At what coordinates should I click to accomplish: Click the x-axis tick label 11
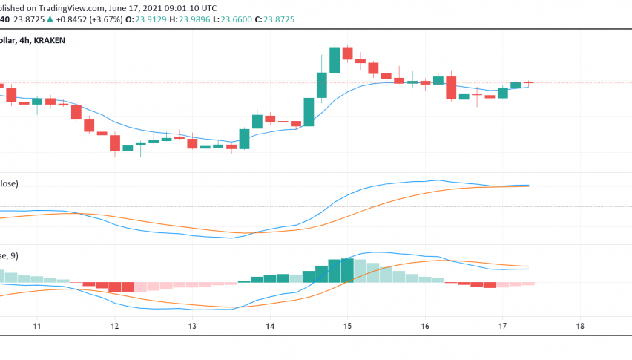click(36, 326)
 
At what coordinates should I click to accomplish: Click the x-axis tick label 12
click(114, 326)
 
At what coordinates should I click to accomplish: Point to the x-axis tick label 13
click(192, 326)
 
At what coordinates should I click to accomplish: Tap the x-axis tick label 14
click(269, 326)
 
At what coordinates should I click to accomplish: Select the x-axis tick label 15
click(347, 326)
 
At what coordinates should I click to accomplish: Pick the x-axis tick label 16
click(425, 326)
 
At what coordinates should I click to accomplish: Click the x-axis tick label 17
click(502, 326)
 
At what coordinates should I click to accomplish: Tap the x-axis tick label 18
click(580, 326)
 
